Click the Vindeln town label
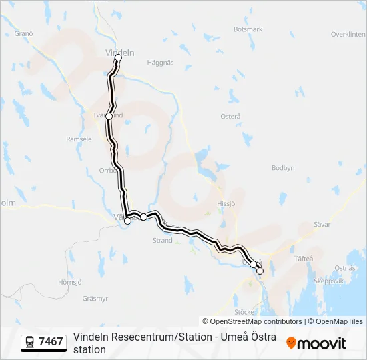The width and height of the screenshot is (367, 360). point(120,53)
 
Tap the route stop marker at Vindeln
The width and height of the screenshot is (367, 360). point(119,58)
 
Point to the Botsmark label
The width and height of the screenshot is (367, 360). point(248,29)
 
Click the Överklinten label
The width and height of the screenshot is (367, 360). point(348,34)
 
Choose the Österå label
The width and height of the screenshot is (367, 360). point(230,116)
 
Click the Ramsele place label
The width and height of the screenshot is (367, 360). point(79,139)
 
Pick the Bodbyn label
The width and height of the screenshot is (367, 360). point(283,168)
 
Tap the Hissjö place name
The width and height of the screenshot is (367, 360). point(227,203)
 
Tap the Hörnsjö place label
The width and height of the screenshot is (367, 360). point(69,282)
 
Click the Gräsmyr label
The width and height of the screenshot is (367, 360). point(95,298)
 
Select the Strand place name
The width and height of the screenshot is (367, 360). point(163,241)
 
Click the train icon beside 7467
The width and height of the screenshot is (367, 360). point(30,342)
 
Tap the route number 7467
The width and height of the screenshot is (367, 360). point(51,342)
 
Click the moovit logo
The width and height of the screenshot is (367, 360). point(316,343)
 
